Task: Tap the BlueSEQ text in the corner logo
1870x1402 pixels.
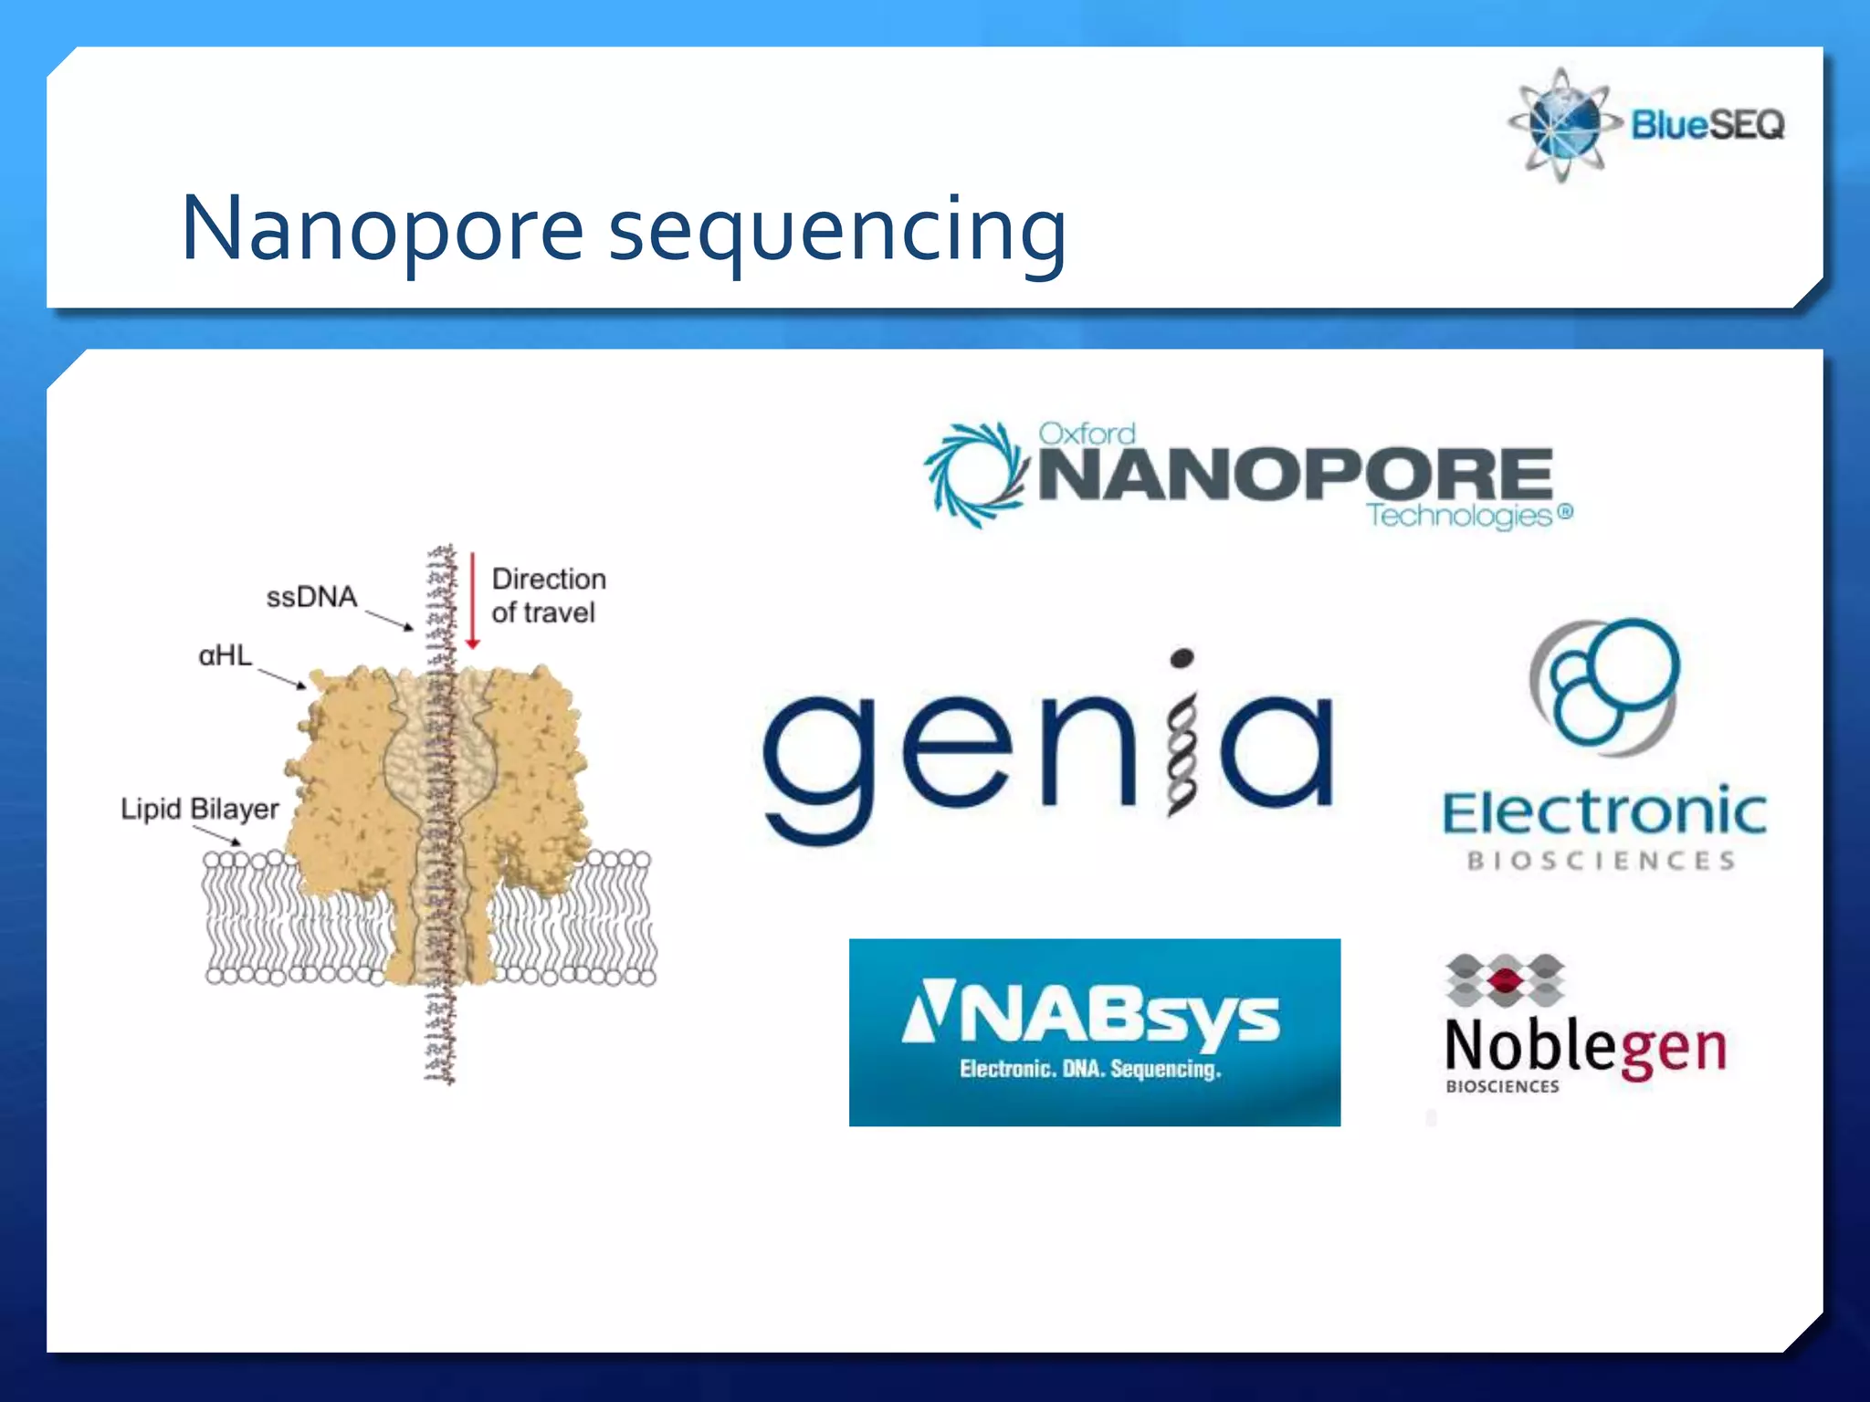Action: pyautogui.click(x=1707, y=124)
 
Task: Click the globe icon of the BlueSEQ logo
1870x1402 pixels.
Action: pyautogui.click(x=1563, y=125)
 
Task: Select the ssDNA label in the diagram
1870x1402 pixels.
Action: pyautogui.click(x=311, y=597)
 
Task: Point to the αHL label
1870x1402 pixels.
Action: pyautogui.click(x=225, y=655)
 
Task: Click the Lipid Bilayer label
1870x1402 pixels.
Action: pyautogui.click(x=199, y=809)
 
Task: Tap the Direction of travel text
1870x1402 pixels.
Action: pyautogui.click(x=548, y=595)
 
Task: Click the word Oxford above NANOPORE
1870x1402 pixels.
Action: pyautogui.click(x=1087, y=434)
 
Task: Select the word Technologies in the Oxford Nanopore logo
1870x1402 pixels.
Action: pyautogui.click(x=1459, y=516)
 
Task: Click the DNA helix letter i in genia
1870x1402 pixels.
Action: pyautogui.click(x=1181, y=739)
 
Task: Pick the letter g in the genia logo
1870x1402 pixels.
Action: pyautogui.click(x=818, y=762)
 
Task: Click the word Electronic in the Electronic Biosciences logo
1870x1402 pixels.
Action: pyautogui.click(x=1603, y=812)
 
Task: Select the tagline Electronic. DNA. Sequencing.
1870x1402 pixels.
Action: pyautogui.click(x=1090, y=1069)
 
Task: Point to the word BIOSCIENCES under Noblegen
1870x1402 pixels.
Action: pyautogui.click(x=1502, y=1086)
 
